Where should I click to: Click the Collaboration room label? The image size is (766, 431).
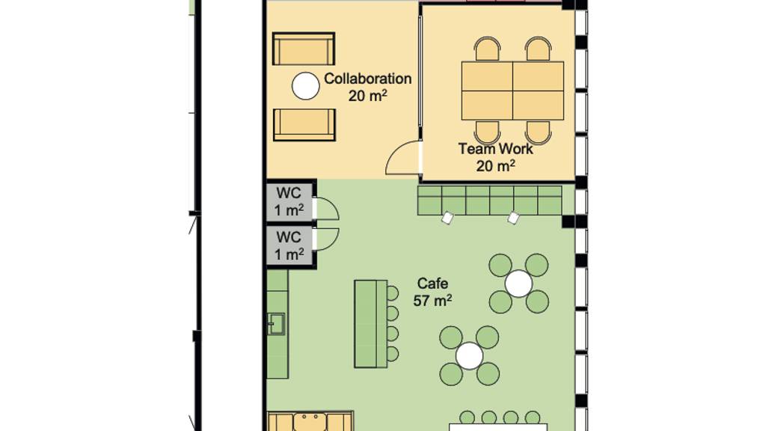point(367,79)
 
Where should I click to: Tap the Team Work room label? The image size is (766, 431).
point(495,149)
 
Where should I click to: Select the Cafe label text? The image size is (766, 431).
point(432,284)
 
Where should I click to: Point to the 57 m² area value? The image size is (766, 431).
point(432,301)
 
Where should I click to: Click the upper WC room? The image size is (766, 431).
point(289,201)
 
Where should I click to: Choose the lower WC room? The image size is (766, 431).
point(289,245)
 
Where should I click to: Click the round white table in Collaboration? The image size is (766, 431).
point(306,86)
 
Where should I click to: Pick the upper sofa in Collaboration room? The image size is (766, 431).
point(304,49)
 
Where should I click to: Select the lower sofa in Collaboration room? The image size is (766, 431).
point(304,125)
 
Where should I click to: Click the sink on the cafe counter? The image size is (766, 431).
point(276,324)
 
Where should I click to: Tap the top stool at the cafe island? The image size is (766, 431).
point(392,293)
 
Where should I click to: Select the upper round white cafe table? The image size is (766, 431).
point(519,284)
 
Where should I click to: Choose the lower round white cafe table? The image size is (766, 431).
point(470,355)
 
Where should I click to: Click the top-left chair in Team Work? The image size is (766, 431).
point(488,49)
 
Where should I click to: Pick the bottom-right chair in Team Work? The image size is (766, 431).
point(539,132)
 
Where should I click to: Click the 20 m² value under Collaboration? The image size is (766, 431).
point(367,95)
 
